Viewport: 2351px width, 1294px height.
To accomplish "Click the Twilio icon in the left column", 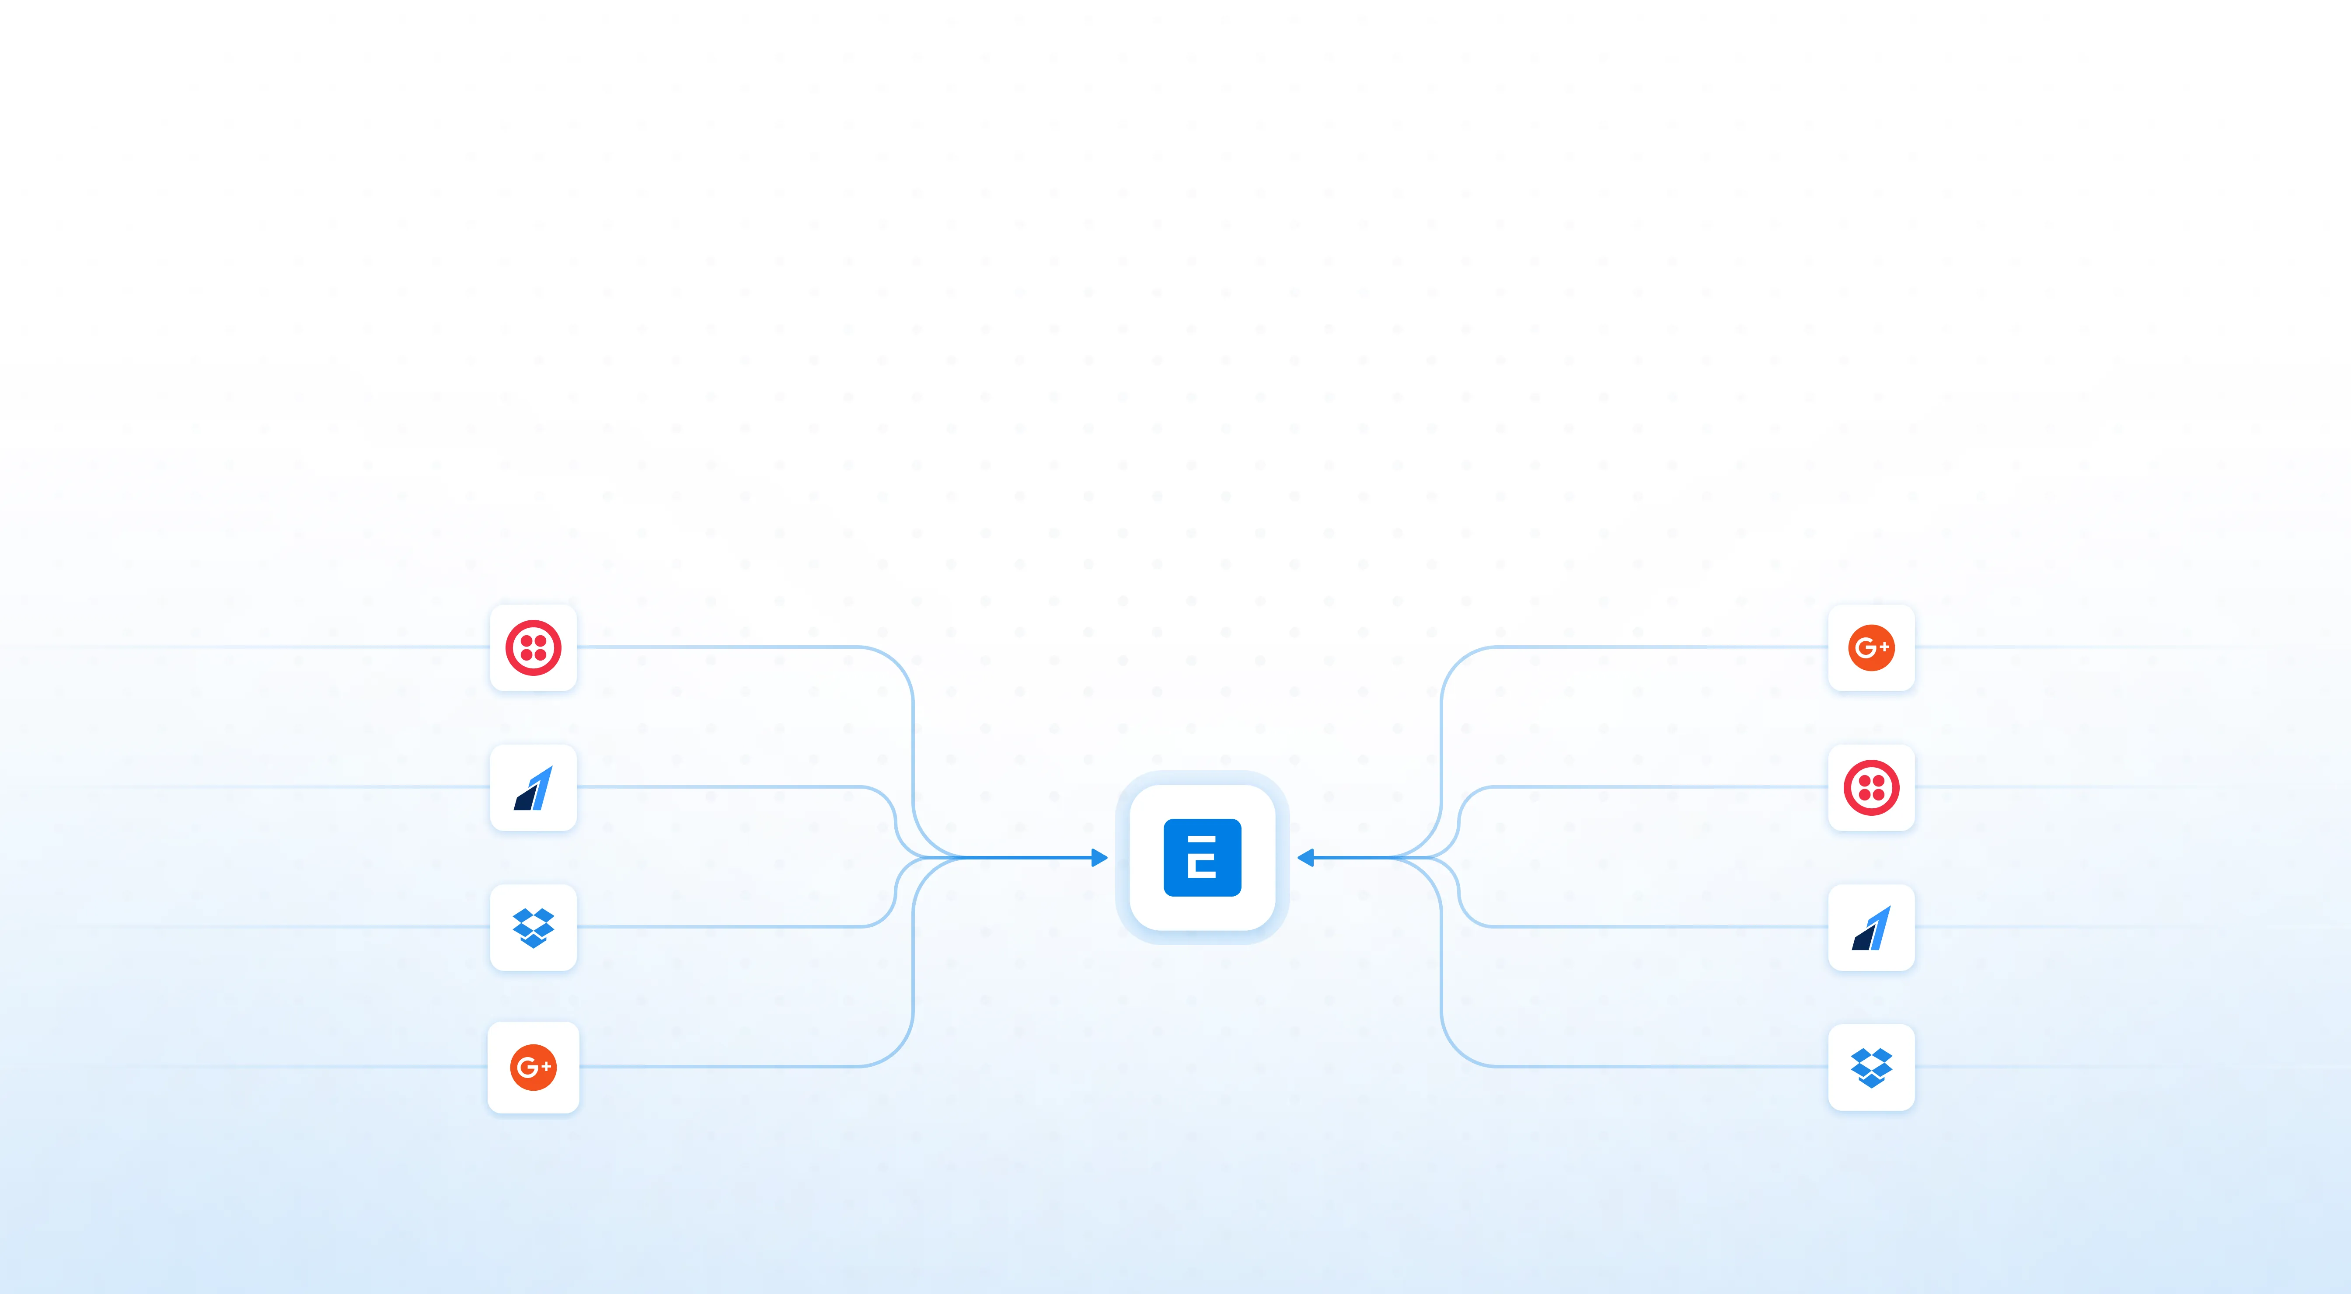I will point(533,648).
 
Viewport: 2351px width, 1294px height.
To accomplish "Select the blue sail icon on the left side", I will point(533,789).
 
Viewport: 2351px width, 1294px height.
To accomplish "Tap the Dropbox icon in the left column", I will point(533,927).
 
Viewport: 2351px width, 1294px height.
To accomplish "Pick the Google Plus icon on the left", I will point(533,1067).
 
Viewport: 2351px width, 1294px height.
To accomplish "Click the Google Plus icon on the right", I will point(1871,648).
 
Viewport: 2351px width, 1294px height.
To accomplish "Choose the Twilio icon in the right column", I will point(1871,787).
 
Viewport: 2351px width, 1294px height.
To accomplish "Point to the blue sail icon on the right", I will point(1871,928).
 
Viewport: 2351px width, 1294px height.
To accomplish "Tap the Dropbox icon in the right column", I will point(1871,1067).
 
